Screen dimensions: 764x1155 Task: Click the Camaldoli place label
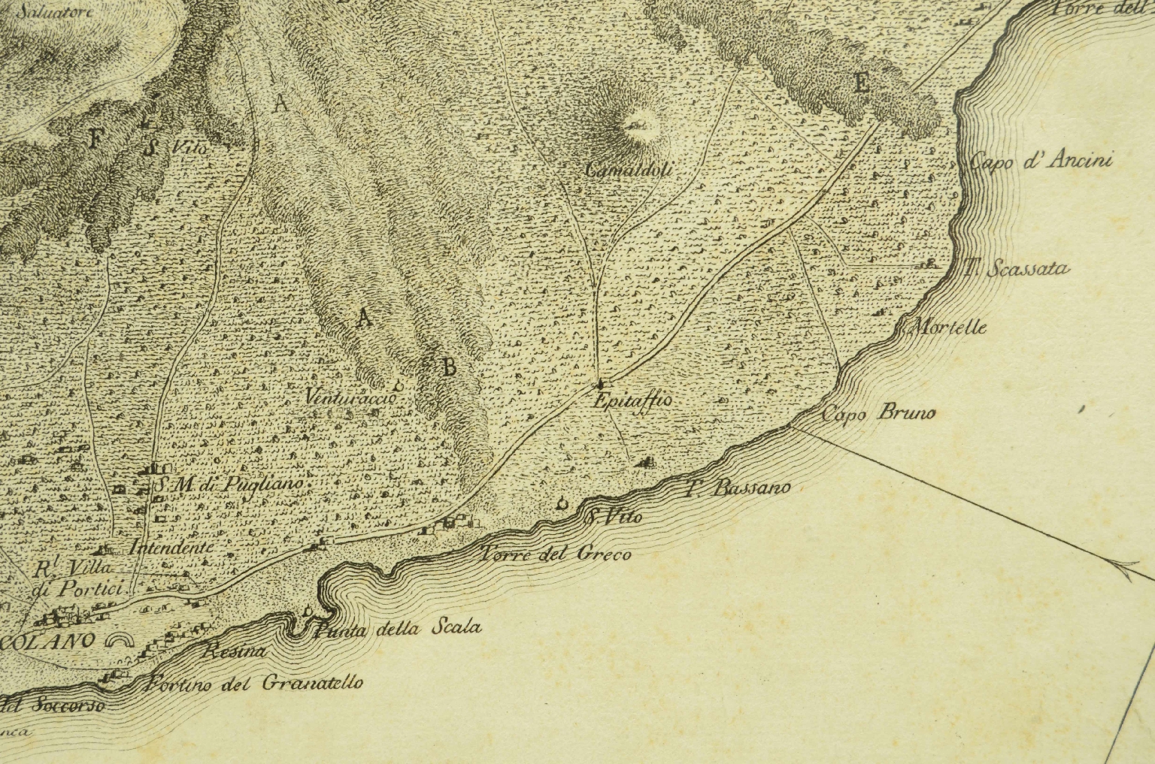[x=628, y=171]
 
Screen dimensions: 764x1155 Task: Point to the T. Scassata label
[x=1017, y=267]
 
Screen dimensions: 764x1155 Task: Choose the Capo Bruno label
[x=878, y=413]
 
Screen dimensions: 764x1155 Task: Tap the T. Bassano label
[x=738, y=488]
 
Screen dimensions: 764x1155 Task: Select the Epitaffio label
[x=632, y=401]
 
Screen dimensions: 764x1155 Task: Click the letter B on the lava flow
[x=448, y=367]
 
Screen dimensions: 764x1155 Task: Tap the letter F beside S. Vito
[x=95, y=138]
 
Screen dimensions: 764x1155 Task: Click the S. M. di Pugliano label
[x=229, y=485]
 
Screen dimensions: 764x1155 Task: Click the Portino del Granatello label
[x=256, y=683]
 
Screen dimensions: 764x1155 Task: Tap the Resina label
[x=235, y=653]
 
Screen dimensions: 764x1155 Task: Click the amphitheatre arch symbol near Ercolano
[x=120, y=640]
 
